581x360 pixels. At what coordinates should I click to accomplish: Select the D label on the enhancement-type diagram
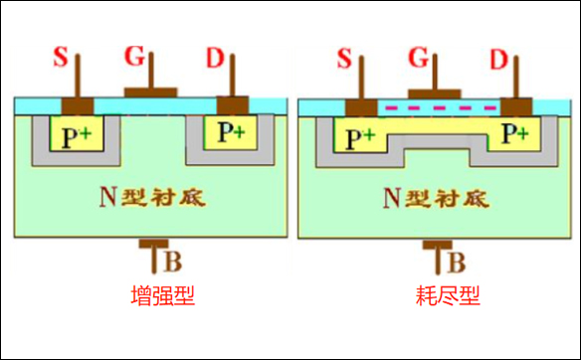[x=215, y=57]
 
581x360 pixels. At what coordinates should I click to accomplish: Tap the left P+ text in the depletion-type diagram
[x=358, y=137]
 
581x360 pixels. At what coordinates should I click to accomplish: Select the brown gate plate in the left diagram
[x=151, y=91]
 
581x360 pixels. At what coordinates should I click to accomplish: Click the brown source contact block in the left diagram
[x=77, y=105]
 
